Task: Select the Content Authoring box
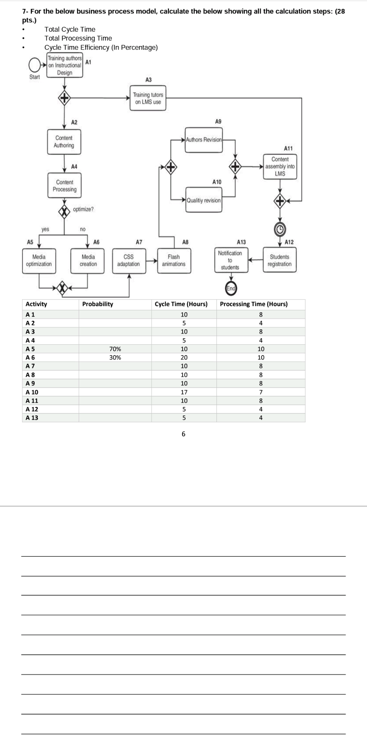click(x=64, y=142)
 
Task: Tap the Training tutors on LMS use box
click(x=148, y=98)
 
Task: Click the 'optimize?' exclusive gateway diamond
click(x=64, y=211)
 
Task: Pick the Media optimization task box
click(x=39, y=260)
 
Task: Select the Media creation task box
click(x=88, y=260)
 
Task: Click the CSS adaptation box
click(x=129, y=260)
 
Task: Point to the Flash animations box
click(x=174, y=260)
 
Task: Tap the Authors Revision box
click(x=204, y=140)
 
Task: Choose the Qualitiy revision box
click(x=204, y=200)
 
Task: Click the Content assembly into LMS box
click(x=280, y=167)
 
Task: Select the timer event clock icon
click(x=280, y=230)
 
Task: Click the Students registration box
click(x=280, y=260)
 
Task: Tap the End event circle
click(x=231, y=288)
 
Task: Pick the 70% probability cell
click(x=115, y=349)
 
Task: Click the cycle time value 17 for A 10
click(x=184, y=392)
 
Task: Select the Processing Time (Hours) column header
click(x=254, y=304)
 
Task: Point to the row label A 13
click(x=32, y=418)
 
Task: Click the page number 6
click(x=183, y=434)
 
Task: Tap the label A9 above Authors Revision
click(x=218, y=121)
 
